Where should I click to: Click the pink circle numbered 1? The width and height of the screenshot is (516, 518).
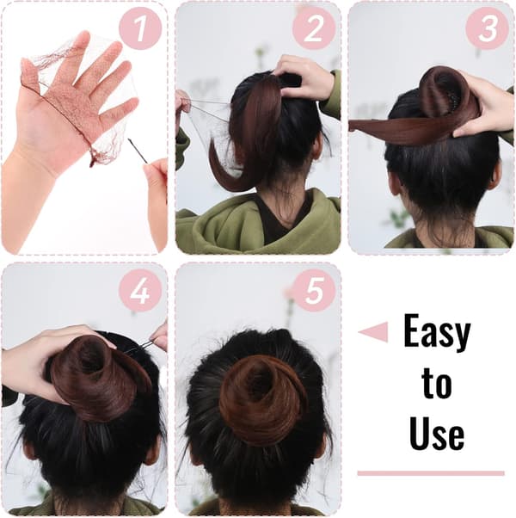click(x=140, y=28)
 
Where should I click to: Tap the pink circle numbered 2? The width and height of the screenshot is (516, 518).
click(x=314, y=28)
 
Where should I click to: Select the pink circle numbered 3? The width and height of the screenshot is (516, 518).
click(x=487, y=28)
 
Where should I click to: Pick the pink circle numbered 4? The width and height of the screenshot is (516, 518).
click(x=140, y=290)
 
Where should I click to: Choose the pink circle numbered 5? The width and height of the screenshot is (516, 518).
click(x=314, y=290)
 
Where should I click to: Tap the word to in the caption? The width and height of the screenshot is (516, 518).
click(x=436, y=383)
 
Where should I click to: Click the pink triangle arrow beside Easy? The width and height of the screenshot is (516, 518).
click(x=374, y=332)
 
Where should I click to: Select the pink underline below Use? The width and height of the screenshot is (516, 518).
click(x=431, y=473)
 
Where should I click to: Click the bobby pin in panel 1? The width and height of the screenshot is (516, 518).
click(x=138, y=151)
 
